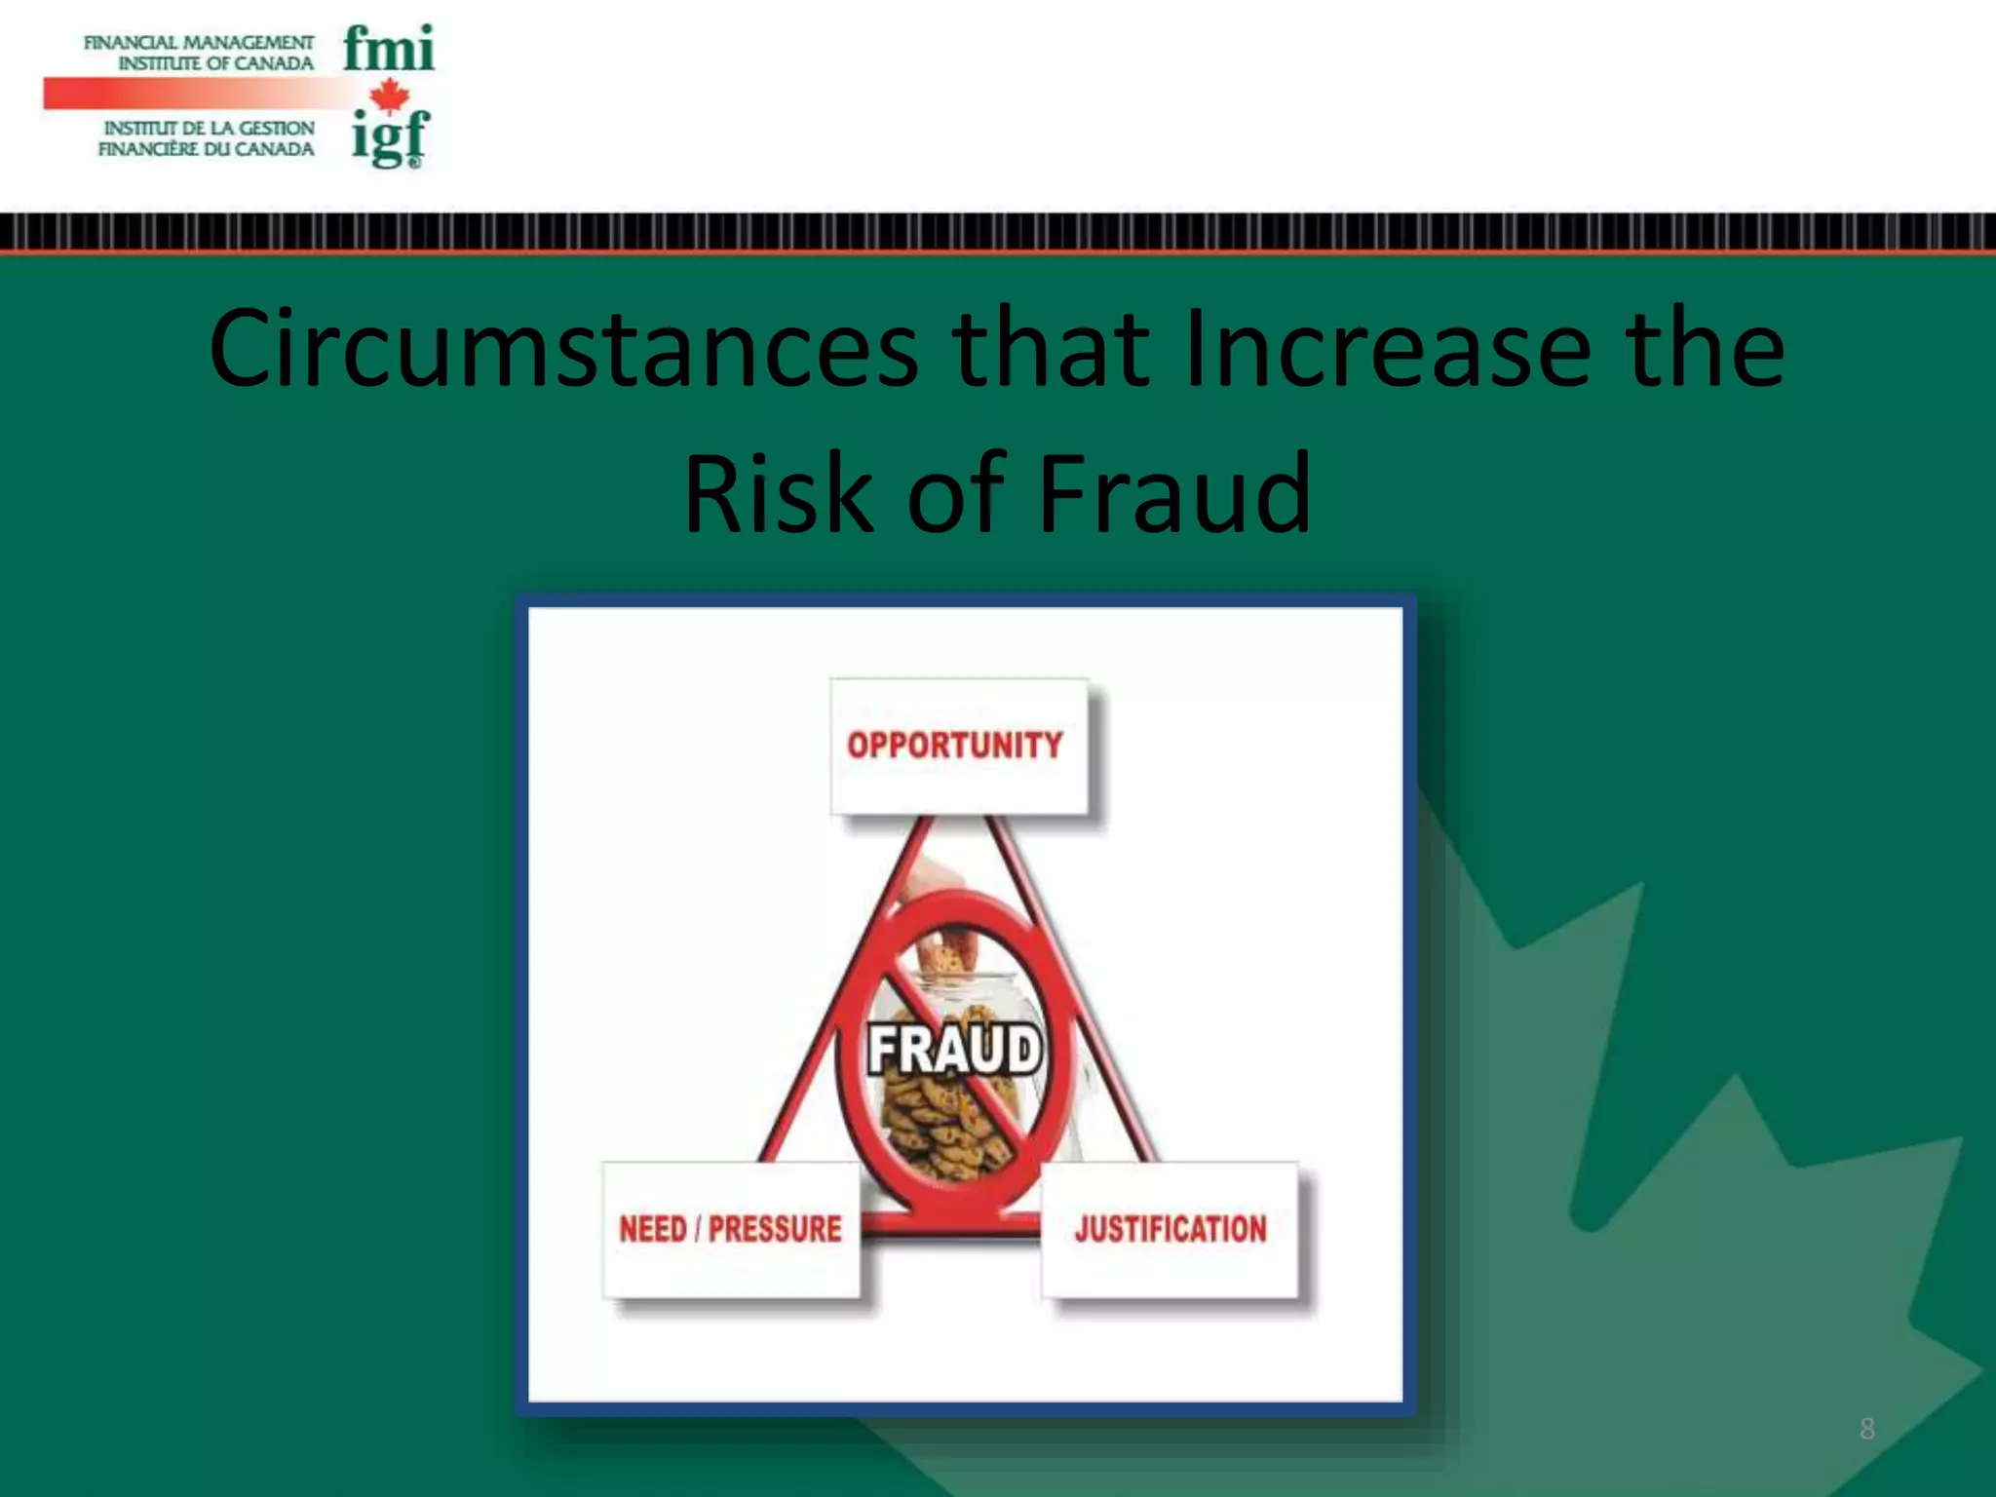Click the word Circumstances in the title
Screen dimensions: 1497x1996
[x=562, y=348]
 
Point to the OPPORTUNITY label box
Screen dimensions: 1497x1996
[x=958, y=746]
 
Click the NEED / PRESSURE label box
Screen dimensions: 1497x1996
[x=731, y=1229]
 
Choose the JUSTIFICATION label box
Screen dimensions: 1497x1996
[x=1170, y=1229]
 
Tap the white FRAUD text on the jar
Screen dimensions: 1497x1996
[x=954, y=1050]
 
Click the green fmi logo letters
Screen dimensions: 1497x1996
[x=388, y=49]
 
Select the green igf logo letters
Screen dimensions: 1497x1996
[x=390, y=138]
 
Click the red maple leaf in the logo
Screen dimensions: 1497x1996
[x=390, y=95]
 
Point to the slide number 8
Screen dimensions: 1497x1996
[x=1866, y=1429]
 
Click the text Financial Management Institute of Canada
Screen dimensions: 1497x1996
[x=200, y=53]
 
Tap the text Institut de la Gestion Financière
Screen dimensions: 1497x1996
[x=207, y=138]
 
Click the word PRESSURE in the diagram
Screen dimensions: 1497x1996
[x=775, y=1229]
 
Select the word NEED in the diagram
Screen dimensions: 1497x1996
[x=653, y=1229]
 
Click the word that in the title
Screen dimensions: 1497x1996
[x=1050, y=348]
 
